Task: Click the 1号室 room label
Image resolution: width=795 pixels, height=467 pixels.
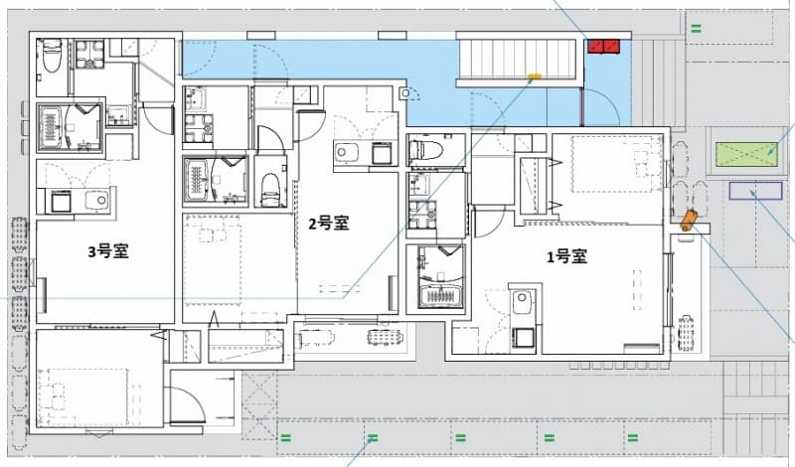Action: (565, 256)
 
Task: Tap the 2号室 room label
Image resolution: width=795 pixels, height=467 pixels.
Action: (327, 223)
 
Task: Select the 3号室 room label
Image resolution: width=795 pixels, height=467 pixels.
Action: (108, 251)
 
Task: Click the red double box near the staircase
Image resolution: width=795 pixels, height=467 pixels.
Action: (603, 46)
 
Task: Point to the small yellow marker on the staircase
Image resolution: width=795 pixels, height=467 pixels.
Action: (534, 76)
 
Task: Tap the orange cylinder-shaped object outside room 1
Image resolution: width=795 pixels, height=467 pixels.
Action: (688, 219)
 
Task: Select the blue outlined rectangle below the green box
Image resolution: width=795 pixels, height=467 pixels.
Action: (754, 191)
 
